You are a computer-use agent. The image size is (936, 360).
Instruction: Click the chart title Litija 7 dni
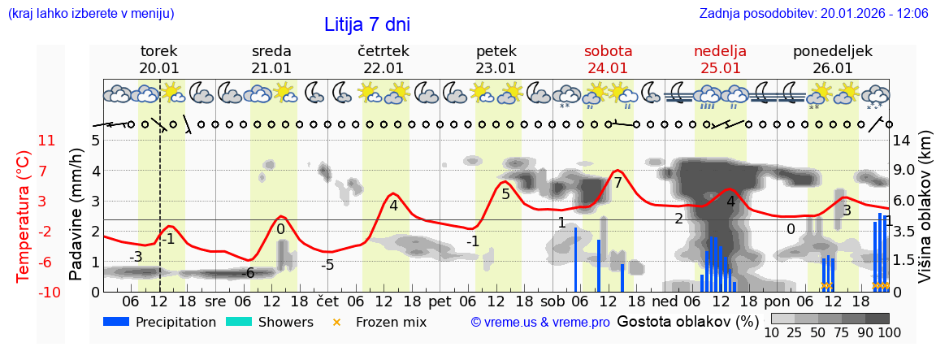coord(367,24)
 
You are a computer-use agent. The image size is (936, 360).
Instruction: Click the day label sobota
coord(608,51)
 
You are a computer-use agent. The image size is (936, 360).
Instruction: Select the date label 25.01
coord(720,68)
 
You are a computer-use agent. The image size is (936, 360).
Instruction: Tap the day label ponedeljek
coord(833,51)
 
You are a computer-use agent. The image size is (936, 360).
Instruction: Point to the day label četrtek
coord(383,51)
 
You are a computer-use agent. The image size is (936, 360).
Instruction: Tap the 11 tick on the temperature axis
coord(47,141)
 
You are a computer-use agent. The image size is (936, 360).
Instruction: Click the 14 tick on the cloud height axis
coord(902,141)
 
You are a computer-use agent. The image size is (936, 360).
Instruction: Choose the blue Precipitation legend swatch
coord(116,322)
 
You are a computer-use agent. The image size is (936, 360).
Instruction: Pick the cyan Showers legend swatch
coord(239,322)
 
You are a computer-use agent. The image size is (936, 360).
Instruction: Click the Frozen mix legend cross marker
coord(337,322)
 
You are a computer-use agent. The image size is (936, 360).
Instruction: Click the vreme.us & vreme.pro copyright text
coord(540,323)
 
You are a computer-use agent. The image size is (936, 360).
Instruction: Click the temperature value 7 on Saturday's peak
coord(617,183)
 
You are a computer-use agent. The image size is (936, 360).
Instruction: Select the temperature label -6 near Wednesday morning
coord(249,273)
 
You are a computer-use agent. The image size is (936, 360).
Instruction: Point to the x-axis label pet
coord(440,301)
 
